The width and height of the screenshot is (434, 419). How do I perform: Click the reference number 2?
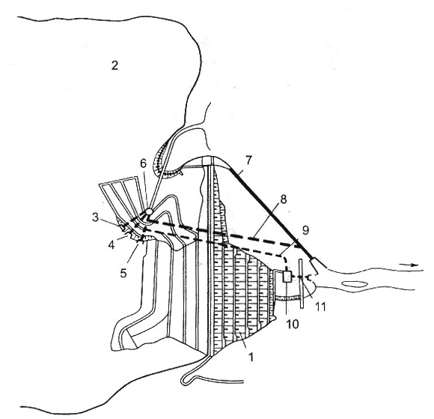[x=114, y=65]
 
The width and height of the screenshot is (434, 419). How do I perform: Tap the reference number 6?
[x=143, y=163]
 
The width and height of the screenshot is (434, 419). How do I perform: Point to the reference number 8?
[x=284, y=199]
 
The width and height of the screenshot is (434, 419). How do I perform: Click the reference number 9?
[x=305, y=230]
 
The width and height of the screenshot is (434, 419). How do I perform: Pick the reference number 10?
[x=293, y=324]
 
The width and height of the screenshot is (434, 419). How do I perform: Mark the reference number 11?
[x=320, y=307]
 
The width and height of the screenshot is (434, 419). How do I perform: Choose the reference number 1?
[x=251, y=358]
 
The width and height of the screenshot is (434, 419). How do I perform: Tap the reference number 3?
[x=96, y=217]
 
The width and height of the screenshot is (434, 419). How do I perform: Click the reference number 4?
[x=111, y=245]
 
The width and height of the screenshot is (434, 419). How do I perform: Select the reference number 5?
[x=123, y=274]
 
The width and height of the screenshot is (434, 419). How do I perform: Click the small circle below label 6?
[x=149, y=211]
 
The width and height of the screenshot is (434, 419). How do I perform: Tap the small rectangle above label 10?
[x=287, y=277]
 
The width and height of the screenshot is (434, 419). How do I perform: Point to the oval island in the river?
[x=355, y=284]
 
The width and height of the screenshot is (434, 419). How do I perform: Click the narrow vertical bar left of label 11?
[x=301, y=283]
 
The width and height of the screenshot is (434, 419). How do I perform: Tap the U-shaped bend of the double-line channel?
[x=185, y=381]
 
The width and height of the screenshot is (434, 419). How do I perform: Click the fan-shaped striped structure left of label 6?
[x=122, y=199]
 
